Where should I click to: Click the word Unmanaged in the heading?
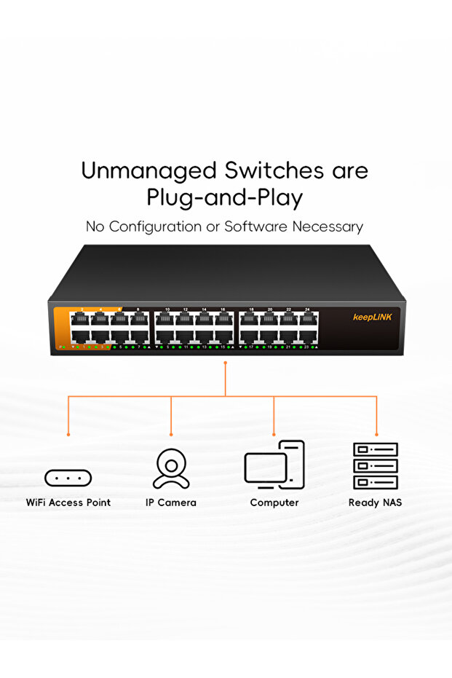point(139,171)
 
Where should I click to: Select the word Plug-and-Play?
point(225,198)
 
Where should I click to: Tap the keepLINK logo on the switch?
point(372,317)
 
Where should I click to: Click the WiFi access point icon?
point(68,478)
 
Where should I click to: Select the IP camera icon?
point(171,468)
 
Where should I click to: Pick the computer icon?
point(274,465)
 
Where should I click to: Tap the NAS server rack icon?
point(376,465)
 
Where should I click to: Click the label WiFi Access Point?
point(68,502)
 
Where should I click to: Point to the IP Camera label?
point(171,502)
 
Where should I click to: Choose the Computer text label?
point(274,502)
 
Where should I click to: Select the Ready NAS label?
point(376,502)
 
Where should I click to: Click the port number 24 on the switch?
point(308,310)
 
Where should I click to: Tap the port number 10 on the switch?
point(167,310)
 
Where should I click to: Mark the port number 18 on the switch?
point(252,310)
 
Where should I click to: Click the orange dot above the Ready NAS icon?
point(376,434)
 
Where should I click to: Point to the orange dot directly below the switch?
point(226,362)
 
